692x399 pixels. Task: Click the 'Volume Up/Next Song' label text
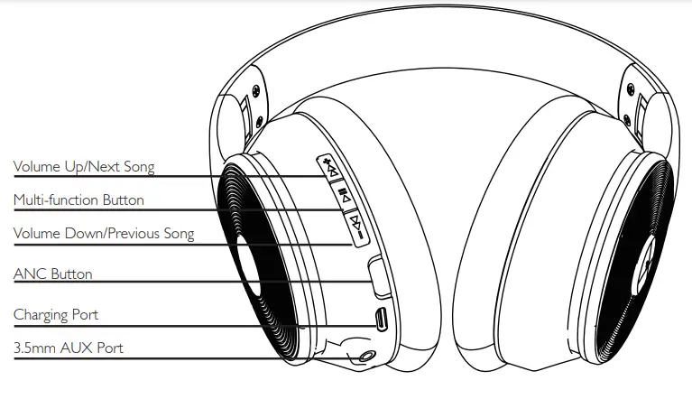[x=83, y=167]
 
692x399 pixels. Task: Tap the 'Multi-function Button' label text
[x=78, y=200]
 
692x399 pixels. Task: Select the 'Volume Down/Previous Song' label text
[x=104, y=235]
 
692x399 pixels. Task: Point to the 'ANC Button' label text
[x=52, y=274]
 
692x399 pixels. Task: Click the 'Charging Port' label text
[x=56, y=315]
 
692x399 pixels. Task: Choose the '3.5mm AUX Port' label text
[x=69, y=348]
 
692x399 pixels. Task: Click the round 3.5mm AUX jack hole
[x=366, y=355]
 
